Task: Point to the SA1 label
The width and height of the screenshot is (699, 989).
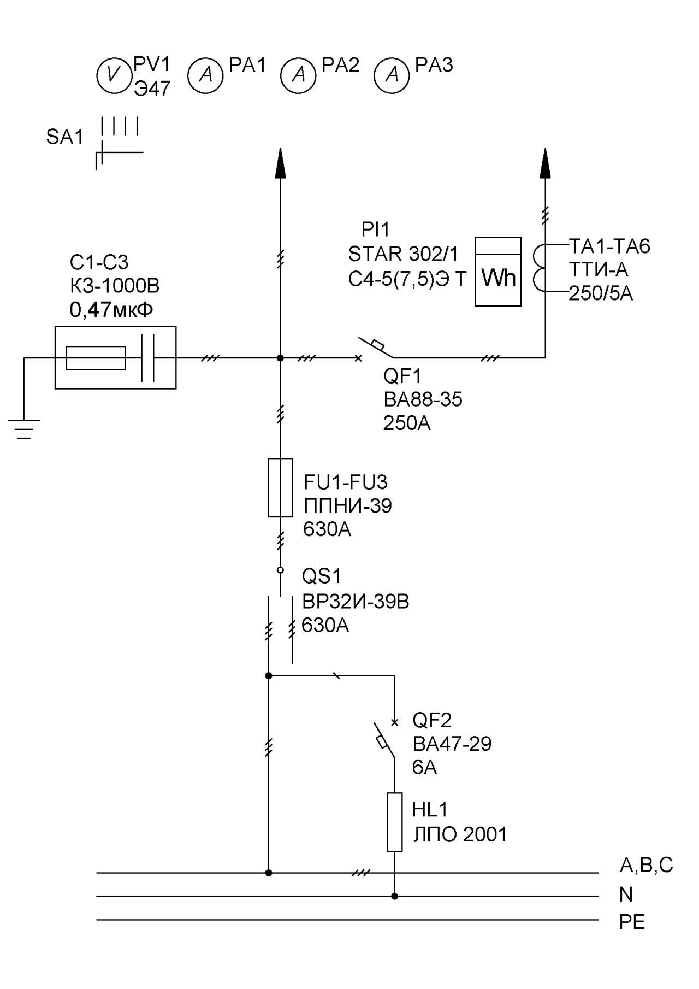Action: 64,137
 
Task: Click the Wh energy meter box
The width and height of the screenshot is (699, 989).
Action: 497,272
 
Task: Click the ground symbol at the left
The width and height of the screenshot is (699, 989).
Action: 23,429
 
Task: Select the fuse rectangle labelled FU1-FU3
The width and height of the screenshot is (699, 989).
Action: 280,487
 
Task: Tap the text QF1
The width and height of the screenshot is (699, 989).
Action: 402,376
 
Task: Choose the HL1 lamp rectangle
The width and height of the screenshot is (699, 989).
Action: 394,822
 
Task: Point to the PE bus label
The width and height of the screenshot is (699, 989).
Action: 632,922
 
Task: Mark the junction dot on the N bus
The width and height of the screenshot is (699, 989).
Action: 394,896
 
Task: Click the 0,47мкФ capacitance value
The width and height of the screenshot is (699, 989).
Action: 111,310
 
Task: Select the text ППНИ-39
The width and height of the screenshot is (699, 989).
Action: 348,506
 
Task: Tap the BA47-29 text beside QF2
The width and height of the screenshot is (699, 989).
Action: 452,744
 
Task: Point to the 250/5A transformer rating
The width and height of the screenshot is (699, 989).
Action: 601,293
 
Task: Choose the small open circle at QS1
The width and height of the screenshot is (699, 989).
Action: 280,570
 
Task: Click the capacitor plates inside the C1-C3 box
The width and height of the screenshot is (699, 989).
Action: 147,358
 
